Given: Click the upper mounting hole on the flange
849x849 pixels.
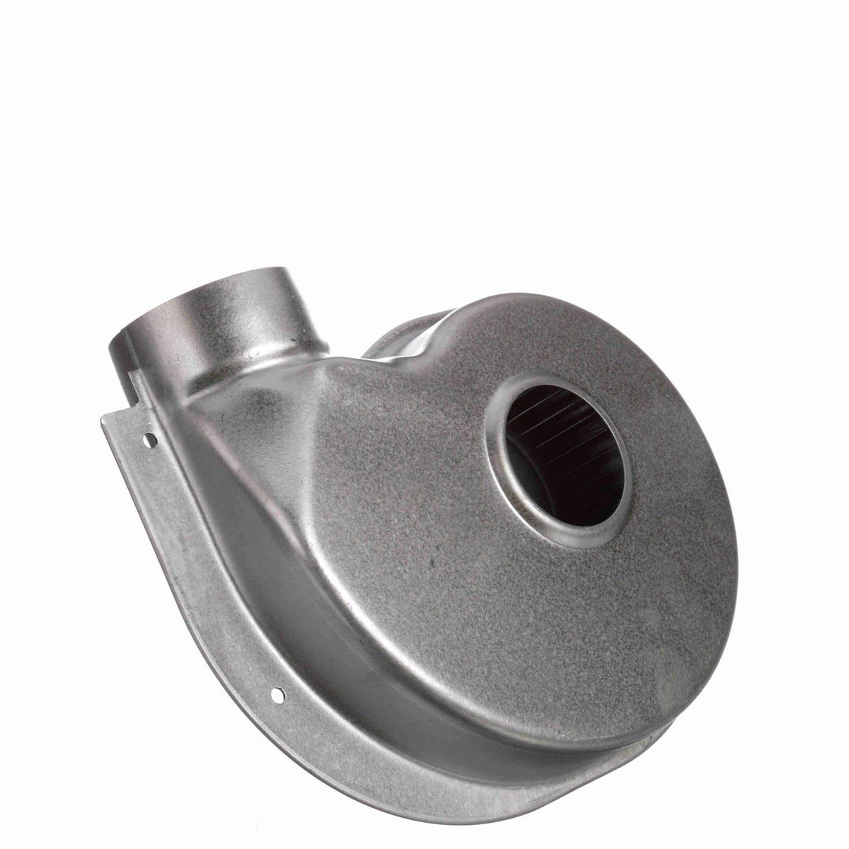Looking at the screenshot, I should (149, 439).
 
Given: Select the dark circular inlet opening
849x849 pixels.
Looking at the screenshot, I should (566, 454).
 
